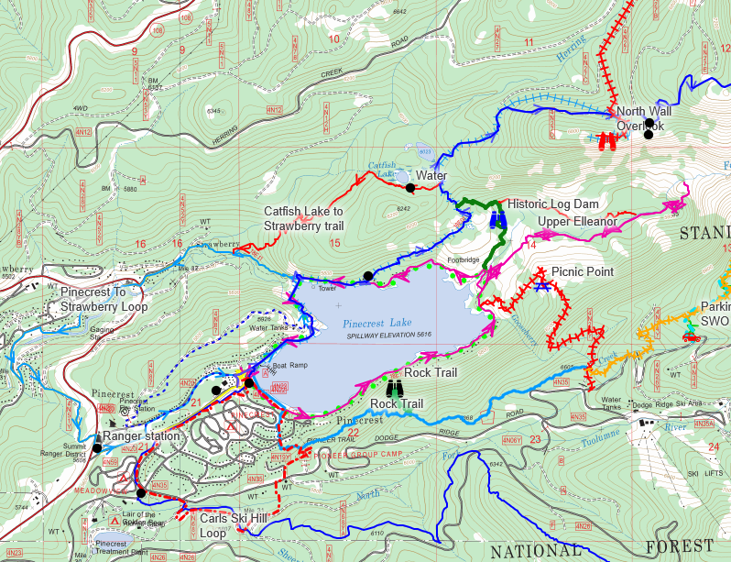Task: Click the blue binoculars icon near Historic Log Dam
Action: (498, 220)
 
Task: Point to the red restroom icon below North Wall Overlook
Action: (606, 141)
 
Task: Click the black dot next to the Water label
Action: (410, 188)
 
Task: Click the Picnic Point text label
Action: (582, 272)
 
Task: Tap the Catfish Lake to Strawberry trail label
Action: (303, 218)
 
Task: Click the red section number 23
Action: (535, 438)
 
